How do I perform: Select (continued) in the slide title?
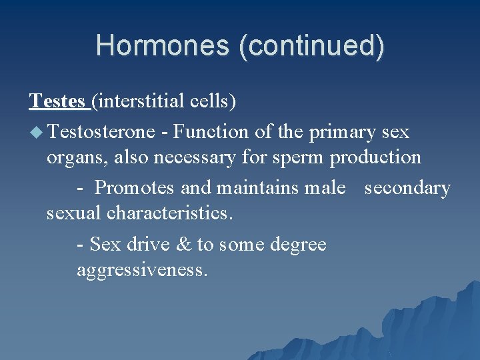[317, 45]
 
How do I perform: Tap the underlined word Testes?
[57, 101]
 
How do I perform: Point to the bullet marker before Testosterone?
[35, 132]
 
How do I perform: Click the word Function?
[211, 132]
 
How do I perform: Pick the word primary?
[343, 132]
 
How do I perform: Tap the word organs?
[75, 157]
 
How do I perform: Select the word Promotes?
[135, 188]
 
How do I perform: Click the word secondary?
[407, 188]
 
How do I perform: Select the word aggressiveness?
[142, 271]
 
